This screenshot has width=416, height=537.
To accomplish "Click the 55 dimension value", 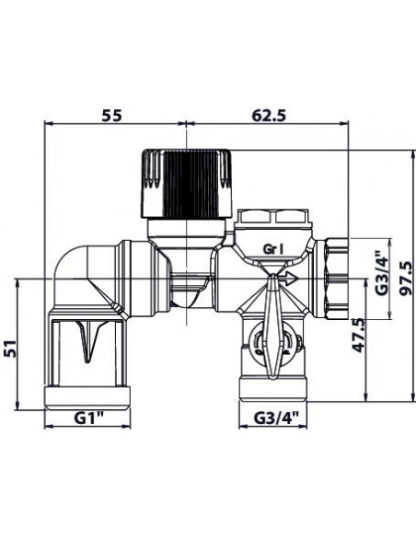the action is click(112, 116).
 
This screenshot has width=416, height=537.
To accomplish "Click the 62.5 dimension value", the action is click(269, 116).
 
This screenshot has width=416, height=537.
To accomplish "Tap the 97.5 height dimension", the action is click(407, 278).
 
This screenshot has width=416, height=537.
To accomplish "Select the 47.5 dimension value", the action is click(358, 335).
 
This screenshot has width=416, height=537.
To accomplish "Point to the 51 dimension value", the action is click(11, 348).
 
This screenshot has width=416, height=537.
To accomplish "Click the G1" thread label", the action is click(89, 417).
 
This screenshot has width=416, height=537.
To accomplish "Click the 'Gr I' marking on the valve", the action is click(273, 249).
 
